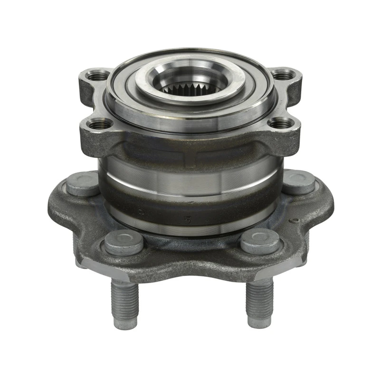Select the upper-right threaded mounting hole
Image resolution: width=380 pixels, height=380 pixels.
pyautogui.click(x=283, y=75)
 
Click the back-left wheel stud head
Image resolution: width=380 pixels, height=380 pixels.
pyautogui.click(x=83, y=183)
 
